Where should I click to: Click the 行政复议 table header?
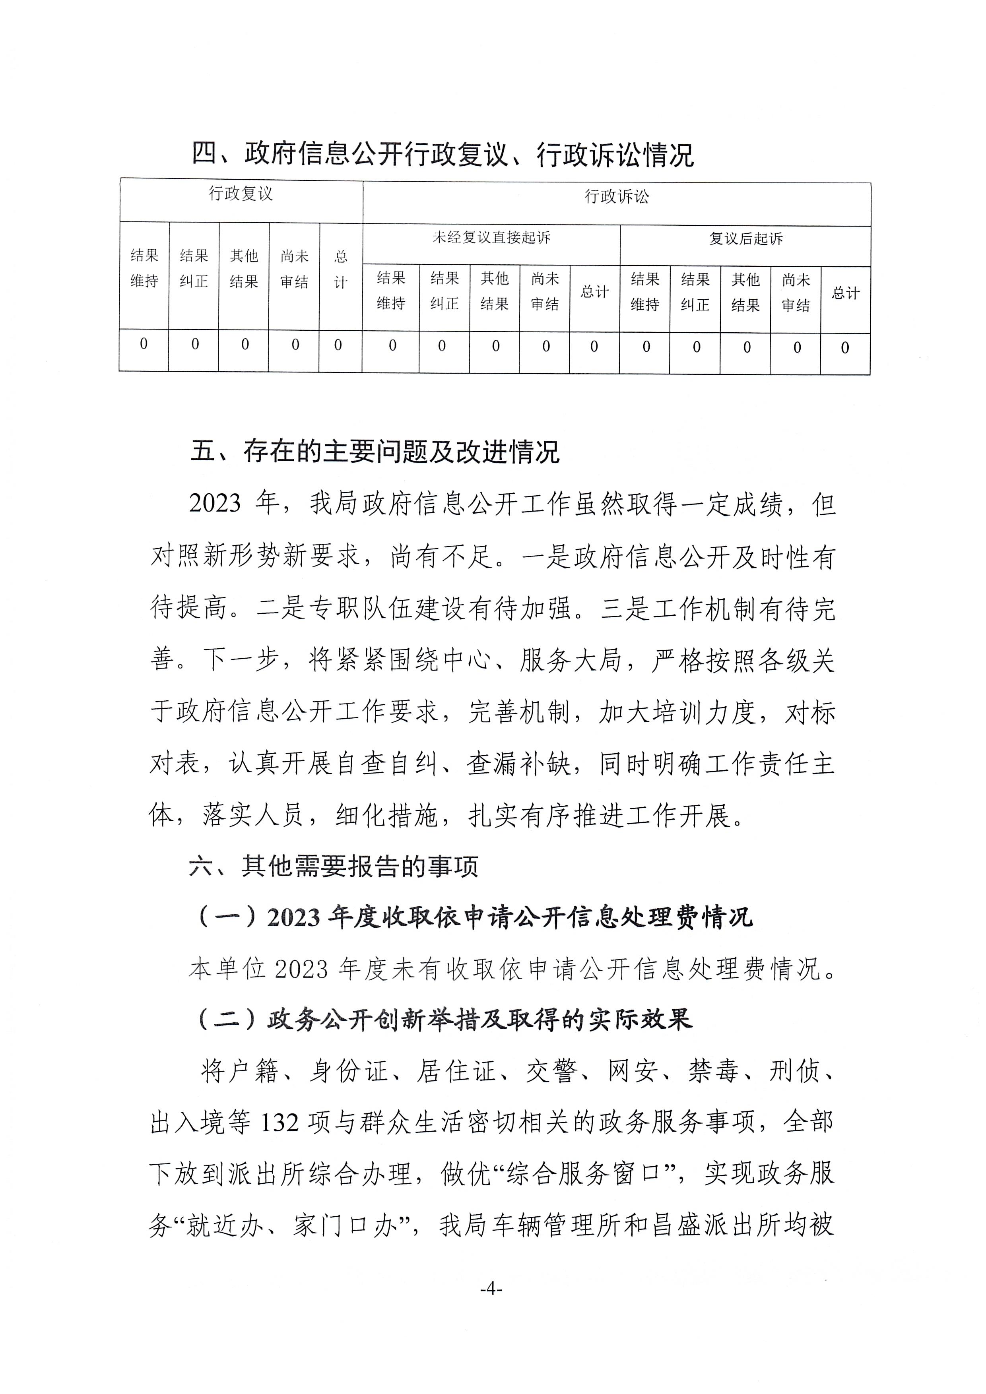coord(241,194)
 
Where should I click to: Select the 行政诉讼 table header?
coord(616,197)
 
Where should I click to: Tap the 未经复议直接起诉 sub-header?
coord(491,237)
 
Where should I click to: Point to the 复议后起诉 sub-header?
coord(745,238)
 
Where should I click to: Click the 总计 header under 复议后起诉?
coord(845,294)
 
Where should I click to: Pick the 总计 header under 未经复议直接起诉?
coord(594,293)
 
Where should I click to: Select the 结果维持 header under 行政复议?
coord(144,268)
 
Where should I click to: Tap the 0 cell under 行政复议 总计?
coord(338,345)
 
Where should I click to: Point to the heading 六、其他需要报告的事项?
coord(333,867)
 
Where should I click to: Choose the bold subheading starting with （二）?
coord(444,1020)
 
